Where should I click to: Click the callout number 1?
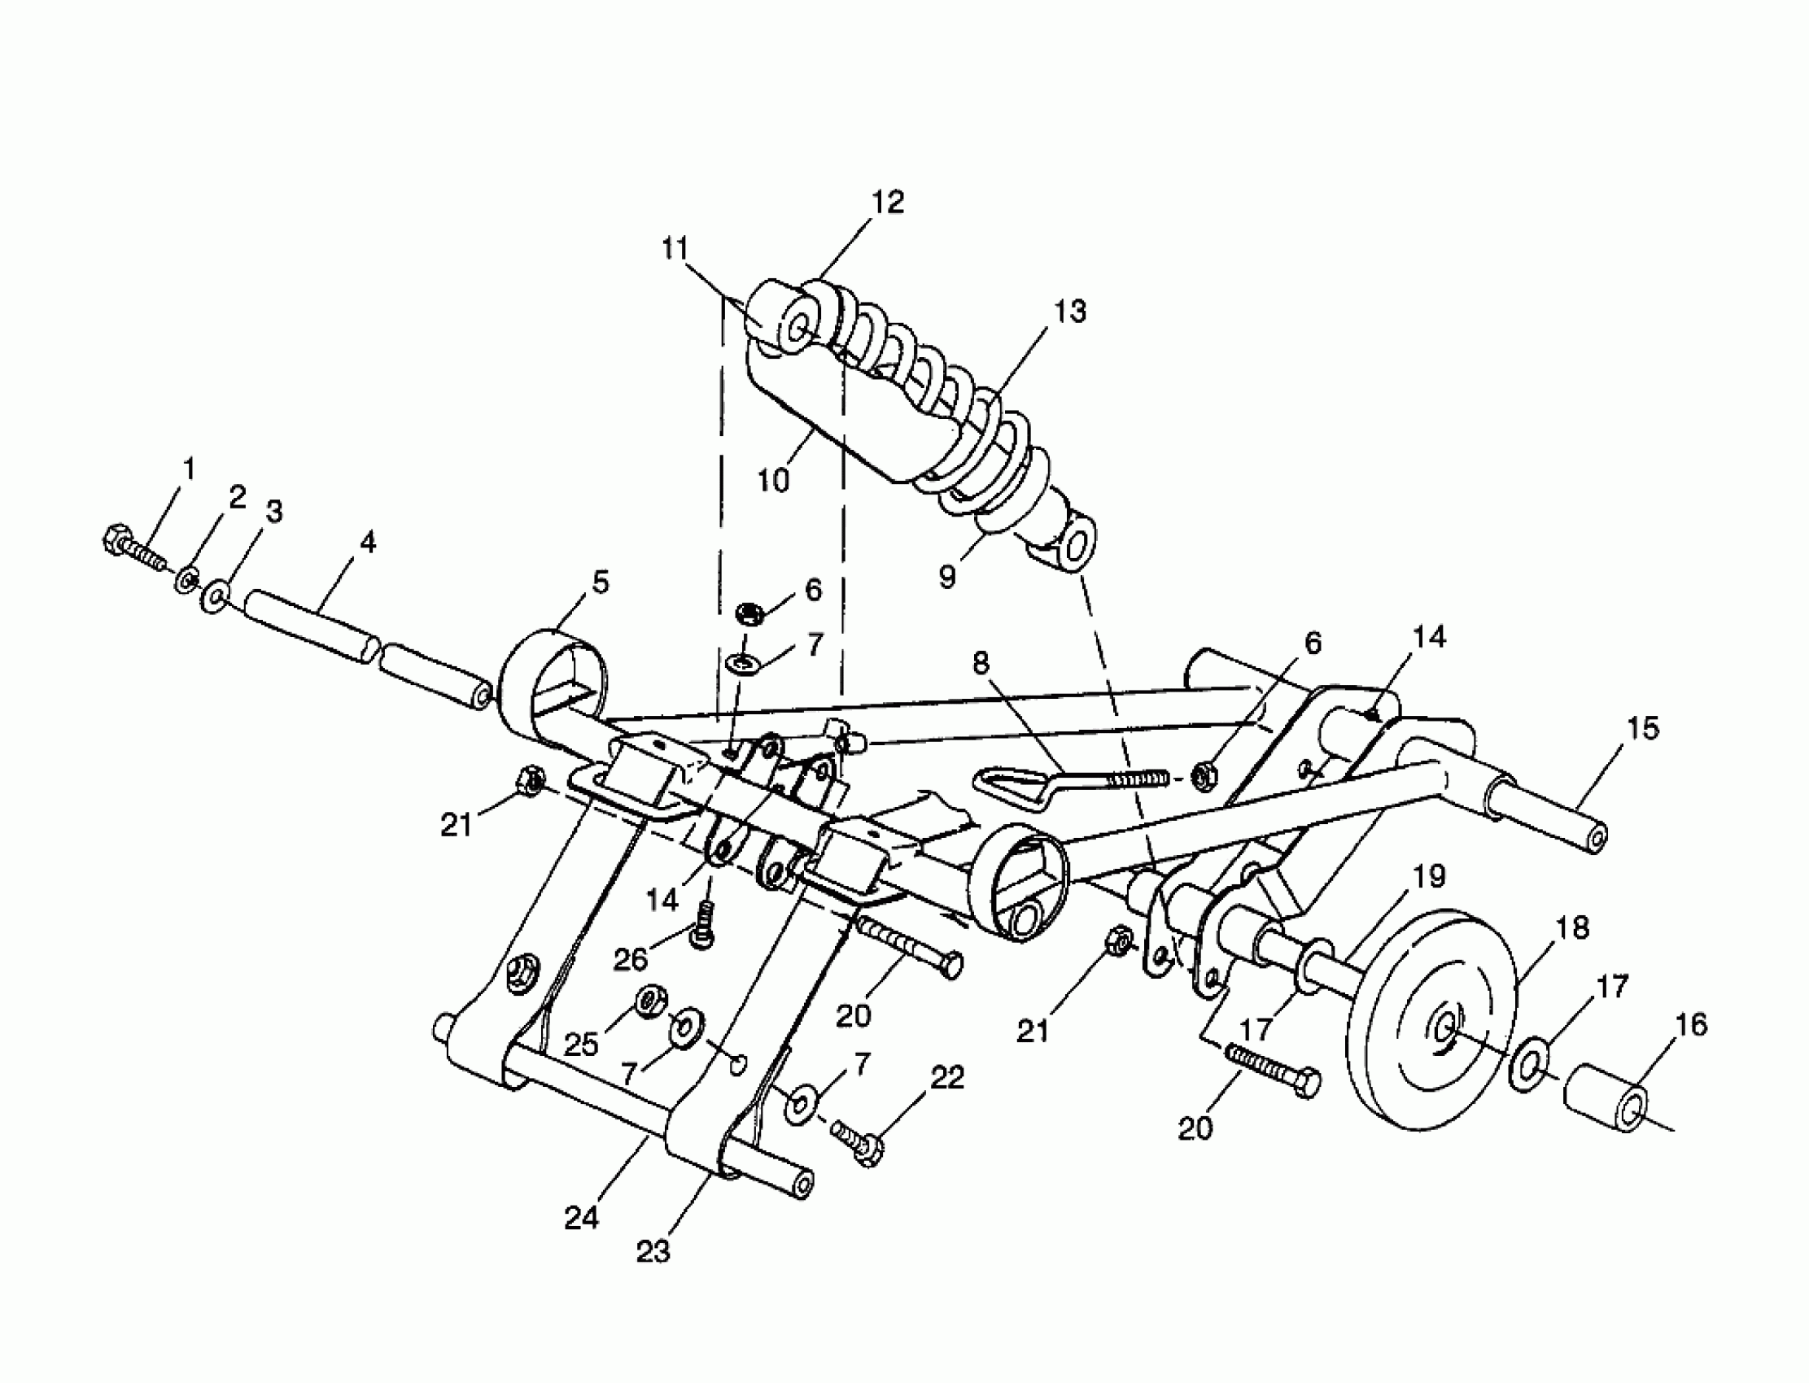tap(190, 469)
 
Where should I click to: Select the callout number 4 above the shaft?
tap(368, 543)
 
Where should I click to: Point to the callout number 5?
tap(601, 582)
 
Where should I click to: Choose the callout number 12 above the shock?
tap(889, 203)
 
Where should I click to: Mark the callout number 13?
tap(1070, 311)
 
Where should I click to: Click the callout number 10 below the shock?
tap(773, 480)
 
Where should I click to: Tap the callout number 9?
tap(948, 577)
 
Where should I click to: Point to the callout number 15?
tap(1643, 728)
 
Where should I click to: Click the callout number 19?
tap(1430, 876)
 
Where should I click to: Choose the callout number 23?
tap(653, 1251)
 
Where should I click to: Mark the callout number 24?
tap(581, 1219)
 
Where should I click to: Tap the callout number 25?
tap(581, 1045)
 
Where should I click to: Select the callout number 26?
tap(631, 958)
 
